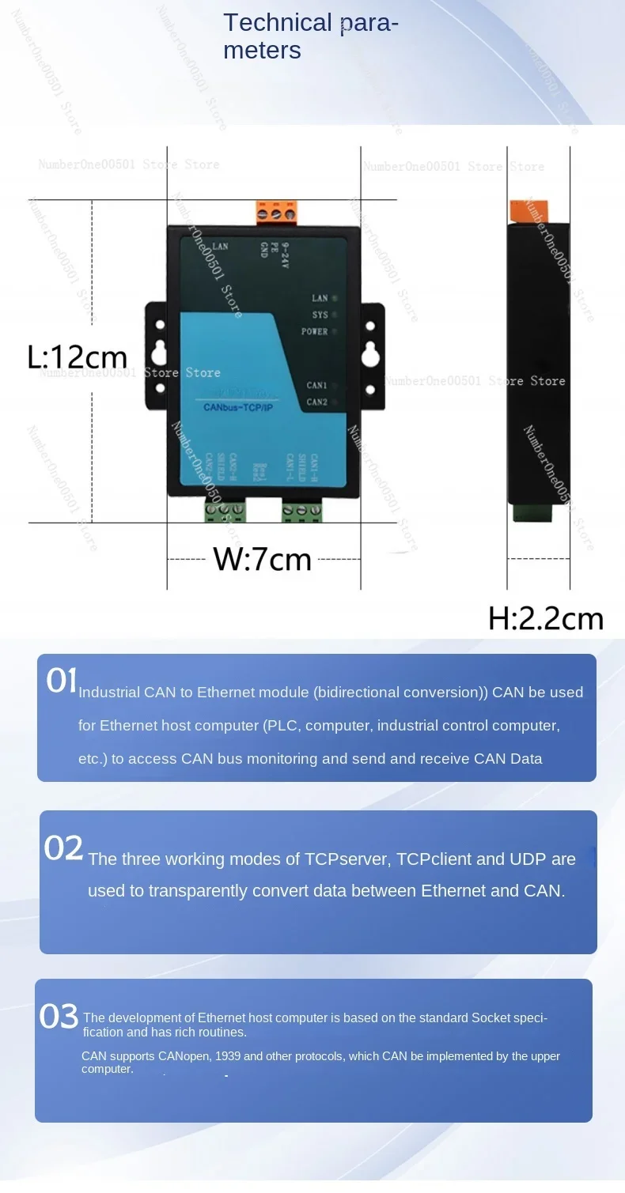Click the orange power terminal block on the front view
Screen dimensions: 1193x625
275,212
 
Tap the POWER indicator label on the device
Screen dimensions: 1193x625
314,332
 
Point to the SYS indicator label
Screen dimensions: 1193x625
319,315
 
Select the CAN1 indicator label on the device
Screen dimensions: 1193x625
316,386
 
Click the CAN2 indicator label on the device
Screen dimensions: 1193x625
316,402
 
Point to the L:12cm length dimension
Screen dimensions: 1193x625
77,357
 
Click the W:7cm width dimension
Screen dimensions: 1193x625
263,560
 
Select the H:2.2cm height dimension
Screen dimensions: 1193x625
545,618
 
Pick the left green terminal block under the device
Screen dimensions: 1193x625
224,512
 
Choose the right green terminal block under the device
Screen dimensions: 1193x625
301,512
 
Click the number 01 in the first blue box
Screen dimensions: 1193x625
62,681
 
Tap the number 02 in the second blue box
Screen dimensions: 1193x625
63,848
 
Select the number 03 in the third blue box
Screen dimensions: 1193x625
59,1017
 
